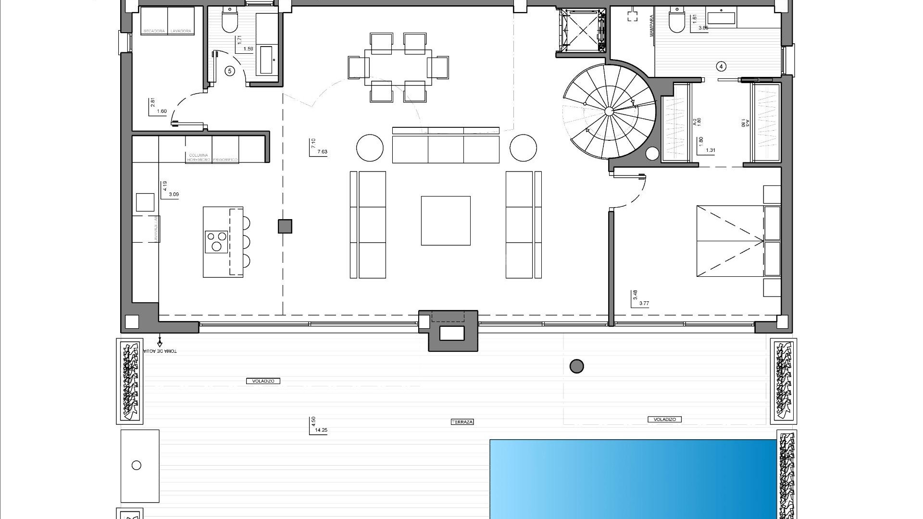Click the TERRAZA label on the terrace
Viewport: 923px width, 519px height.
[x=462, y=422]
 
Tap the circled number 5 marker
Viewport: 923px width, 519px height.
[x=230, y=71]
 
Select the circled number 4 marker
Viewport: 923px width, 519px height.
[x=721, y=66]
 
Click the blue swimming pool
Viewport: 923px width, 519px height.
[x=633, y=479]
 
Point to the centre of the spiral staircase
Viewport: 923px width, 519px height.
[x=609, y=111]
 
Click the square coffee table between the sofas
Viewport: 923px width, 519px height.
[x=446, y=221]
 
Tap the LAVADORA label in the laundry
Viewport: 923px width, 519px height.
[x=181, y=31]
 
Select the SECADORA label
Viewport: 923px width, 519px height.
[x=154, y=31]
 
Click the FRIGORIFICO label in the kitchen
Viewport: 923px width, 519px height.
[x=225, y=160]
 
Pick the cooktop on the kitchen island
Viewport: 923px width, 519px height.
[x=216, y=241]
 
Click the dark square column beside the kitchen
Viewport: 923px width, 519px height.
[x=285, y=226]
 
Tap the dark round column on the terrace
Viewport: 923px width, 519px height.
[x=576, y=367]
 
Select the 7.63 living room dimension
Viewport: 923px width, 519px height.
[x=322, y=152]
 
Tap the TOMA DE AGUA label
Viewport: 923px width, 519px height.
[x=164, y=351]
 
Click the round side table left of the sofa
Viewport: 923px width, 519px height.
[x=370, y=148]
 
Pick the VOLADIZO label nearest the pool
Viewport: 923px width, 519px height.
[x=665, y=420]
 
